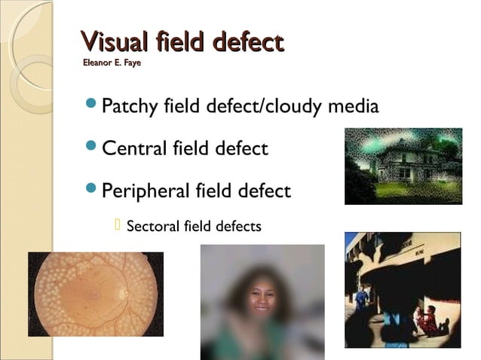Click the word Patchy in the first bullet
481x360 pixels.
click(130, 107)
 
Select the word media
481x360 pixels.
click(353, 107)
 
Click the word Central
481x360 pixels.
click(130, 148)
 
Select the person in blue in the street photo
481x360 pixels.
click(361, 298)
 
